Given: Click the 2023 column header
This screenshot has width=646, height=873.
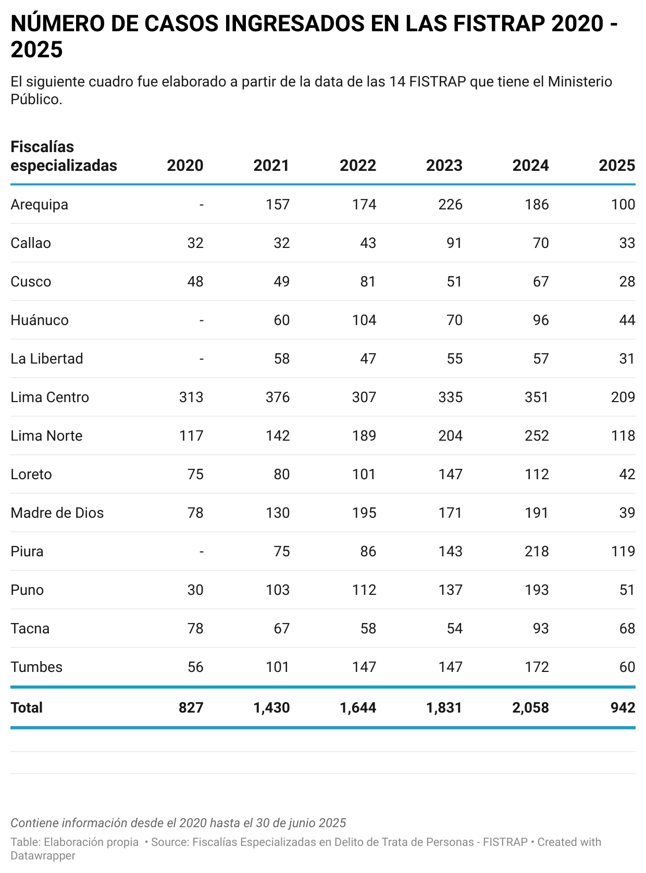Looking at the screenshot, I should (x=444, y=165).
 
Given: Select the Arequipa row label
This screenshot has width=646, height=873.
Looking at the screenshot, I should (x=39, y=204).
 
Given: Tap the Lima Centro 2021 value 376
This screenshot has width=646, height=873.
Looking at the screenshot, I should (x=277, y=397).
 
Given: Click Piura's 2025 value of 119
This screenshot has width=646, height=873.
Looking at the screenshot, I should (x=623, y=551).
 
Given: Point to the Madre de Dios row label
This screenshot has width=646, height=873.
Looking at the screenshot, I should (x=57, y=513).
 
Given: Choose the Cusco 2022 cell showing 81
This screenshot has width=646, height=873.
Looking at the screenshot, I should (x=368, y=281).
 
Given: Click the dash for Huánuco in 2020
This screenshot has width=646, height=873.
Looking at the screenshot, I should (x=201, y=320).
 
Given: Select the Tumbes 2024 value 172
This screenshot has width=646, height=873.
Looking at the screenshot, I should (x=537, y=667).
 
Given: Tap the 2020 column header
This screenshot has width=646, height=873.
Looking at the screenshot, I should (x=185, y=165).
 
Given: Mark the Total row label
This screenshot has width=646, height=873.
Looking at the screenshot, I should (x=27, y=707).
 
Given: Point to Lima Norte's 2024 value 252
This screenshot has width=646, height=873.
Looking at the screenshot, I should (x=537, y=435).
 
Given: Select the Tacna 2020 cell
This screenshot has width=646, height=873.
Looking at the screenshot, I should (x=195, y=628).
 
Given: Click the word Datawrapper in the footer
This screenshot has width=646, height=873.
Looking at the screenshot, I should (x=43, y=856).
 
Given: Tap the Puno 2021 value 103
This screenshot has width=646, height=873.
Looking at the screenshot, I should (x=277, y=590).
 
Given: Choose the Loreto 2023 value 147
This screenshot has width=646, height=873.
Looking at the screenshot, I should (x=450, y=474).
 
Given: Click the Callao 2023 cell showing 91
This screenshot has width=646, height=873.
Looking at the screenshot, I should (x=454, y=243).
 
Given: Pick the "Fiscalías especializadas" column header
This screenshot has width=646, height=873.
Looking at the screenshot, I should (x=64, y=156).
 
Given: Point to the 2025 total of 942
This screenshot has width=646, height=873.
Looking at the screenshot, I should (x=623, y=707).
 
